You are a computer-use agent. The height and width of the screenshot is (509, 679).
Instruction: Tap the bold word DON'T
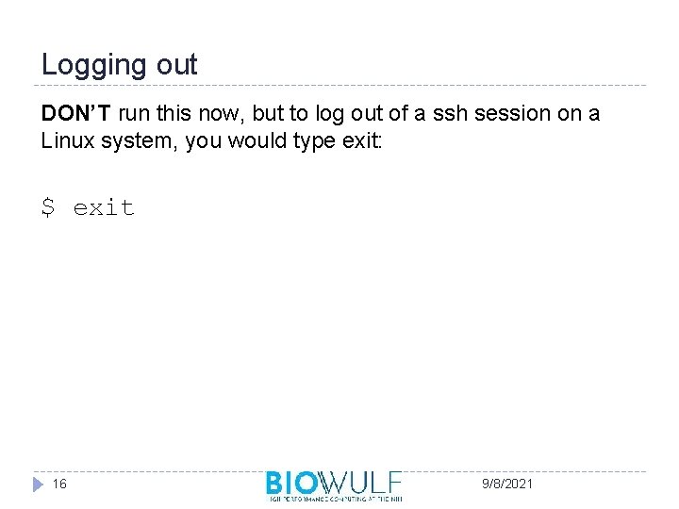(x=76, y=115)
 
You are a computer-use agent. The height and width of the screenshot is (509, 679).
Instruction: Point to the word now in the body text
(x=213, y=115)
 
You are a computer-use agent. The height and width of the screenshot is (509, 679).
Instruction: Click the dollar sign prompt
(x=48, y=206)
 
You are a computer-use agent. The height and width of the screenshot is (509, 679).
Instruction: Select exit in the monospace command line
(x=104, y=206)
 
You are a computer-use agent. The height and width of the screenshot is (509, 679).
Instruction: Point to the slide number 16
(x=59, y=484)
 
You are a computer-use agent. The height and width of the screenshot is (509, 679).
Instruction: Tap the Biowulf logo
(x=334, y=483)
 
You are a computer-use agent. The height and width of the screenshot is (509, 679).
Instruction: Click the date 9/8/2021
(x=507, y=484)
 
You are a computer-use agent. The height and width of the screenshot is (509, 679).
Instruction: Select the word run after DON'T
(x=134, y=115)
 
